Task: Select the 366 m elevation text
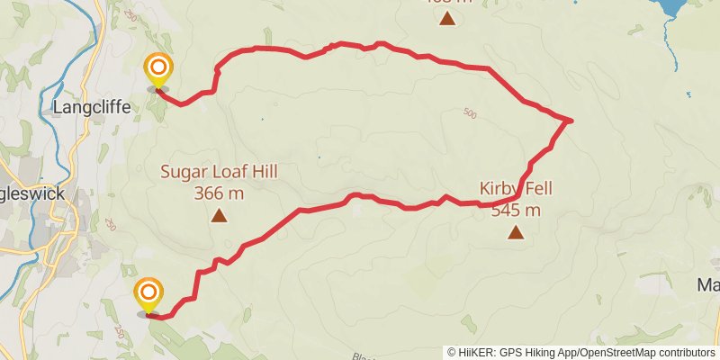tap(218, 192)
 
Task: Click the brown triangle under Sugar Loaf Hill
tap(219, 216)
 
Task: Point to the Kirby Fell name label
tap(516, 190)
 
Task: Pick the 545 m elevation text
tap(516, 211)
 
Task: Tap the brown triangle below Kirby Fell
tap(516, 233)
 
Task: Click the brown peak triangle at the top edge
tap(447, 18)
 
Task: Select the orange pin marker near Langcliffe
tap(158, 69)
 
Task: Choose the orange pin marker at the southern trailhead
tap(148, 294)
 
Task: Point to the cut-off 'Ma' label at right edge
tap(708, 285)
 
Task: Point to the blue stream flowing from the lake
tap(673, 49)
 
